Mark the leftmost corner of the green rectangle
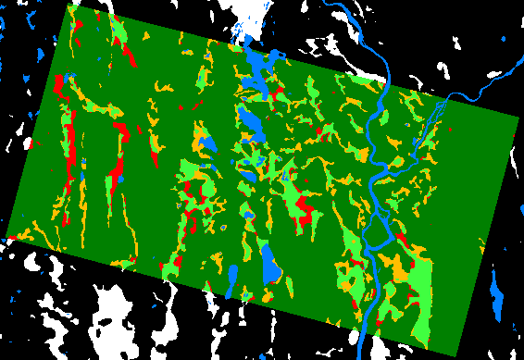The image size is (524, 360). point(6,237)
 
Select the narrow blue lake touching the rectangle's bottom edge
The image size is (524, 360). point(232,279)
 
